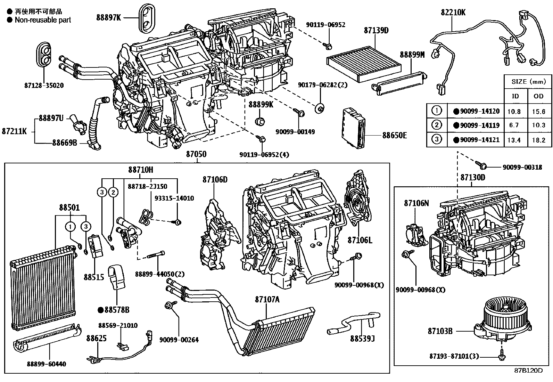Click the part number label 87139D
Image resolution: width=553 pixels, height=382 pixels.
click(376, 31)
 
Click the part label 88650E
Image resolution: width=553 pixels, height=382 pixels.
click(394, 135)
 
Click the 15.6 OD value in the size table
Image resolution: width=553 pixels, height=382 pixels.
click(538, 112)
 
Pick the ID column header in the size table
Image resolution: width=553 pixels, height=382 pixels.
click(515, 96)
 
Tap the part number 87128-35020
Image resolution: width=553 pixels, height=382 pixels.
click(44, 85)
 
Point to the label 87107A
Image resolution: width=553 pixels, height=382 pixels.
click(267, 299)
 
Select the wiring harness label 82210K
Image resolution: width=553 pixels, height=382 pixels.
click(453, 12)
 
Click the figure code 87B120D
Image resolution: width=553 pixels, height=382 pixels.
click(528, 370)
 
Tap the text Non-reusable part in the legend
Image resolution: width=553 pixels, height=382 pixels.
click(43, 20)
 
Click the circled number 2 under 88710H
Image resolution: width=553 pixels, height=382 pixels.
click(113, 192)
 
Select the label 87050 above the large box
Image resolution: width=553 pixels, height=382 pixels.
click(196, 154)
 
